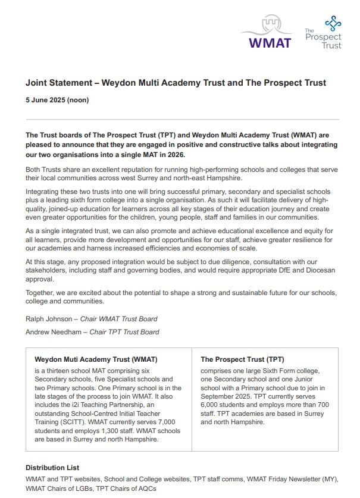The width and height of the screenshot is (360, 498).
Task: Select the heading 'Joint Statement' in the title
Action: [x=58, y=83]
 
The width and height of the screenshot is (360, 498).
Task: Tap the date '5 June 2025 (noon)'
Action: [x=57, y=100]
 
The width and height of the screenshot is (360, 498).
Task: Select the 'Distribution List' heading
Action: [x=52, y=468]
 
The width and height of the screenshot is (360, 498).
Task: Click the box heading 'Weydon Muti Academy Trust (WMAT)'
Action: [x=96, y=359]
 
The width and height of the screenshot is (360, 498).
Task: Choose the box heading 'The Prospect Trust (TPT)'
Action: [x=242, y=359]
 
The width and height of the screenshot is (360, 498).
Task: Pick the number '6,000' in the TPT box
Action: [x=214, y=405]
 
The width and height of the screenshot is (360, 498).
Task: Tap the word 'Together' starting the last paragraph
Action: [x=42, y=293]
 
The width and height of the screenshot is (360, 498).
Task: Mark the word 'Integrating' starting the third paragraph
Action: [x=45, y=192]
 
